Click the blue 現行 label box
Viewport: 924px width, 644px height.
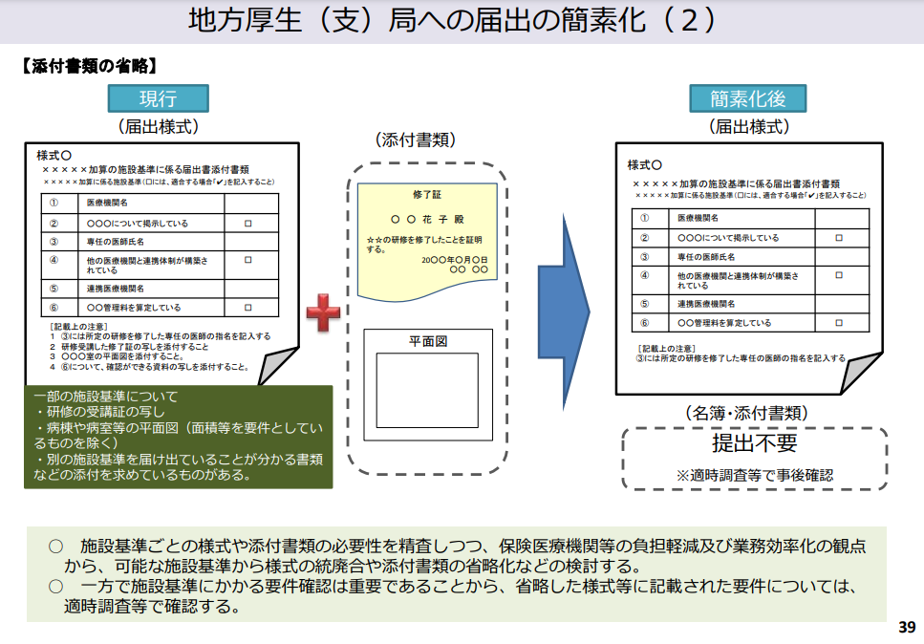pos(158,97)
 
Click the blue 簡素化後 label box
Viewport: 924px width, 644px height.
pos(748,97)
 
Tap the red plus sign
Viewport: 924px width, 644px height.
pos(323,311)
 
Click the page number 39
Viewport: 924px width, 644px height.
pos(906,628)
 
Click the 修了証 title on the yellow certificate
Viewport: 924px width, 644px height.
pos(427,194)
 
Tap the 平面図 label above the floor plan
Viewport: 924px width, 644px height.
pos(428,340)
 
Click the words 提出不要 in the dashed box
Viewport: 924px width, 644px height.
pos(754,443)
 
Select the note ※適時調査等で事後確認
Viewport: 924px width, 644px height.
pos(754,474)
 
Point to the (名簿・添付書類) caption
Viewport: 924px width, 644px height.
pos(748,413)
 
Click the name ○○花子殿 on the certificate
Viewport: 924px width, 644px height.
pos(427,219)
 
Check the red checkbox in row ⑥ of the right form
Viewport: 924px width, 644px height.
pos(839,323)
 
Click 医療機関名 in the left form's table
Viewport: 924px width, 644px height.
pos(107,204)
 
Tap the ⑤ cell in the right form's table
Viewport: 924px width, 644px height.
pos(645,304)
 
